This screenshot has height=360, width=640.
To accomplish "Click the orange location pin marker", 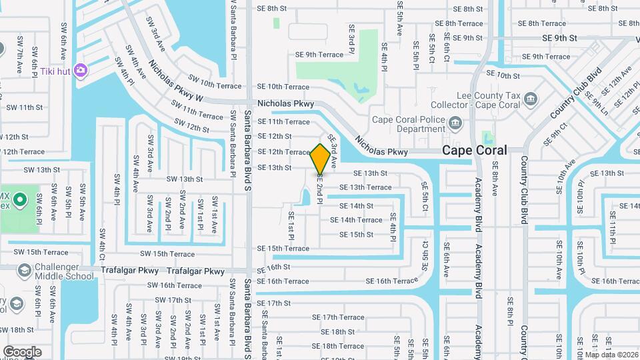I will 321,159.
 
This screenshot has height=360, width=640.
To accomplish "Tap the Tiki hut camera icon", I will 81,70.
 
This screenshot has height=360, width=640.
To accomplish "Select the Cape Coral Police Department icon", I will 455,123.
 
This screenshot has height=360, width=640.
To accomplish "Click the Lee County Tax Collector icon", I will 531,100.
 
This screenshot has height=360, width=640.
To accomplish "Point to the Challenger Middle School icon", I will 25,270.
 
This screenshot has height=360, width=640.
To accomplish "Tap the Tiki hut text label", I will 55,71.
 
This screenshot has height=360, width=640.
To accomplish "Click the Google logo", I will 22,351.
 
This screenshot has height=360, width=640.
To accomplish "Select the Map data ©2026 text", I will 611,354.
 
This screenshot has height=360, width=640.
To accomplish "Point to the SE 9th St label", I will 559,39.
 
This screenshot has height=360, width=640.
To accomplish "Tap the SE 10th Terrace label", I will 283,87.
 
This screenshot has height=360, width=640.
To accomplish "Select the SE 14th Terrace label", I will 361,220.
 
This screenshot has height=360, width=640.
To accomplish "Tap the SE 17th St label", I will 274,303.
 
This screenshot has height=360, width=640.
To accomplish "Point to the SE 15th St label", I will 356,235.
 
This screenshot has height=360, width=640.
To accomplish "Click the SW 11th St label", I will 24,107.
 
